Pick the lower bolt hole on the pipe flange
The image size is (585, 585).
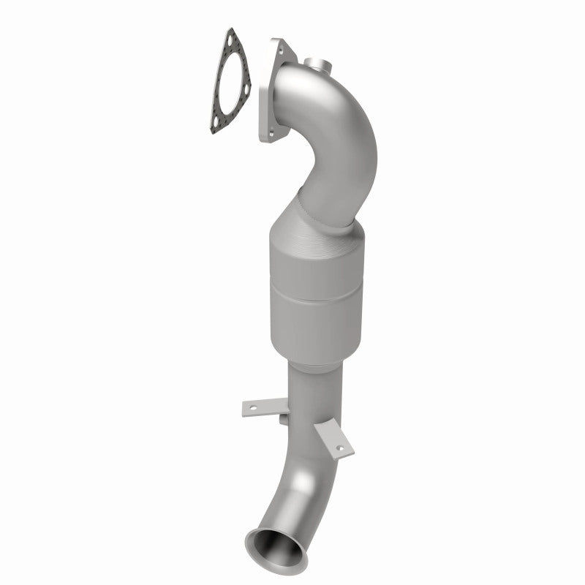(x=272, y=134)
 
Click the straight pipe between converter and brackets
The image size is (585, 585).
(x=306, y=388)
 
